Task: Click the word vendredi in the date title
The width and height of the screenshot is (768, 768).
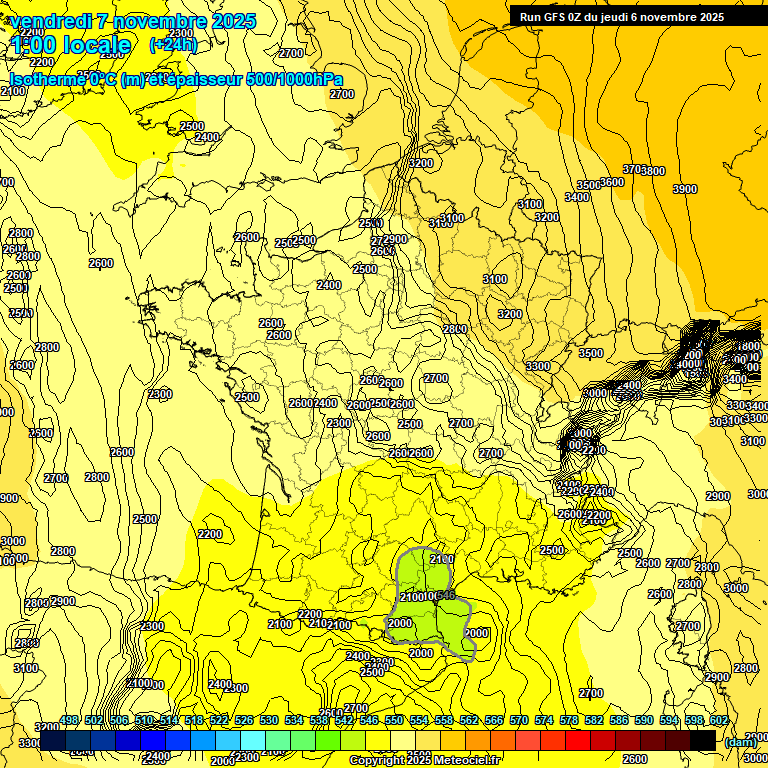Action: (x=50, y=21)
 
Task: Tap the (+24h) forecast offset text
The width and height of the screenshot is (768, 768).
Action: (x=173, y=45)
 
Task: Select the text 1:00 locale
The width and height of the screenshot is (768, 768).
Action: (x=70, y=45)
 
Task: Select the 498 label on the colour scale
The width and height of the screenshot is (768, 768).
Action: (x=69, y=721)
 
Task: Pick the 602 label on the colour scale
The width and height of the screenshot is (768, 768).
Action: (x=718, y=721)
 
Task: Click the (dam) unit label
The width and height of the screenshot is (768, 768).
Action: (x=740, y=741)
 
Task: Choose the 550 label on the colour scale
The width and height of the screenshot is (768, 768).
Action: (x=394, y=721)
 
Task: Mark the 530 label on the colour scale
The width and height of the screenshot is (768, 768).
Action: (x=269, y=721)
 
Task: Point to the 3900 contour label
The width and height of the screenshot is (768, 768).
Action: (x=685, y=189)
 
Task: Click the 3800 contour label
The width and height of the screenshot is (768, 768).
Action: (x=652, y=171)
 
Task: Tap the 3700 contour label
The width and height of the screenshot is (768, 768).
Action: (x=634, y=169)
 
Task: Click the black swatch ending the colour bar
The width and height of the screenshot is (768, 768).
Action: (x=703, y=741)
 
